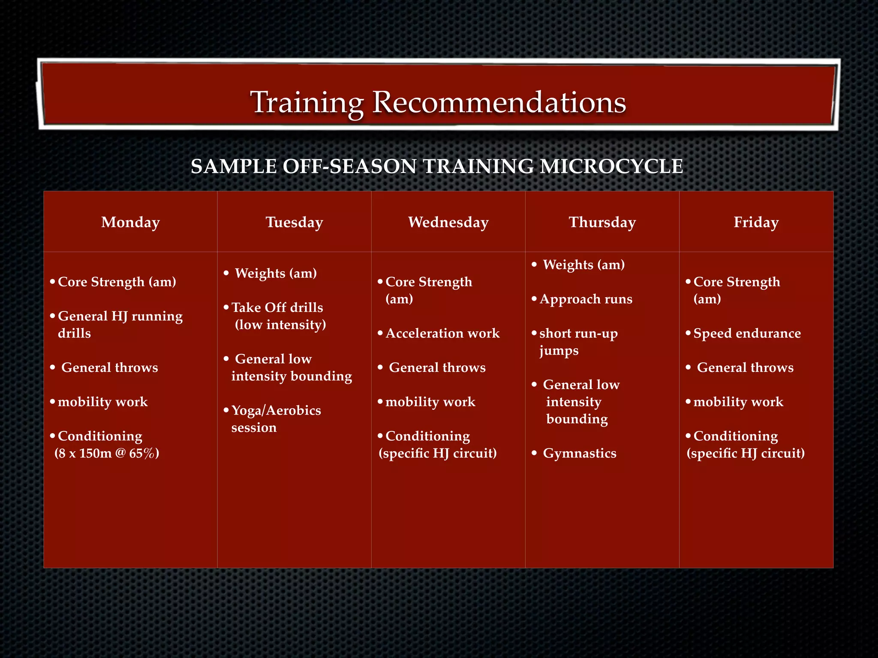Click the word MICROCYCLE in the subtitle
(x=611, y=166)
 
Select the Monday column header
(x=130, y=222)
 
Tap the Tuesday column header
(x=294, y=222)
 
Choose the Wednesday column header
(x=448, y=222)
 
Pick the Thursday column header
(x=602, y=222)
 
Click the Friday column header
(x=756, y=222)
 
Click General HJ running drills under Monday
(x=120, y=324)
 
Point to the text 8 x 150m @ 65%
(x=107, y=453)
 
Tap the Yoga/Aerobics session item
(x=276, y=419)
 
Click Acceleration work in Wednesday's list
(x=442, y=333)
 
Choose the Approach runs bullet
(x=586, y=299)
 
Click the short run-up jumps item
(x=578, y=341)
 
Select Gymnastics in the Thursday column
(x=579, y=453)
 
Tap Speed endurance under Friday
(x=747, y=333)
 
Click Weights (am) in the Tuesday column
(x=276, y=273)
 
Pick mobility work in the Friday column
(x=738, y=402)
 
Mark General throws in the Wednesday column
(x=437, y=368)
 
